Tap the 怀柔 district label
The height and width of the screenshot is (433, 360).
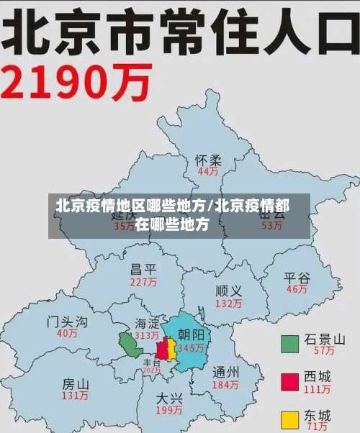point(209,160)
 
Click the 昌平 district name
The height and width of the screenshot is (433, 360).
point(143,270)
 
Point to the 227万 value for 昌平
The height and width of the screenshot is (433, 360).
point(143,283)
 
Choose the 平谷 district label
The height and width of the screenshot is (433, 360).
point(297,277)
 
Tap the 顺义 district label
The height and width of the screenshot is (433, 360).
point(228,291)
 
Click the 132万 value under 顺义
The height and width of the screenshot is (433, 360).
point(228,304)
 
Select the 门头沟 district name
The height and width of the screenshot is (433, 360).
point(67,321)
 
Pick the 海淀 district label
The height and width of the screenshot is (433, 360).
point(147,324)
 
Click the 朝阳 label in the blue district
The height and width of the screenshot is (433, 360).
point(192,335)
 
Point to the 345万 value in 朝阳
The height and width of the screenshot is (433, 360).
point(192,348)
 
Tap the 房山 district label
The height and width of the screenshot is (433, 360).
point(76,383)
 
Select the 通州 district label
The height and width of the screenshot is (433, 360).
point(226,373)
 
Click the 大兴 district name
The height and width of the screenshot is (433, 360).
point(169,398)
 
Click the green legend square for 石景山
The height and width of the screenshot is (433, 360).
point(289,343)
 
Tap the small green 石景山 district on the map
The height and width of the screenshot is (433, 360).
point(130,345)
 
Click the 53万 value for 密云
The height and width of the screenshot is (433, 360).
point(271,225)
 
